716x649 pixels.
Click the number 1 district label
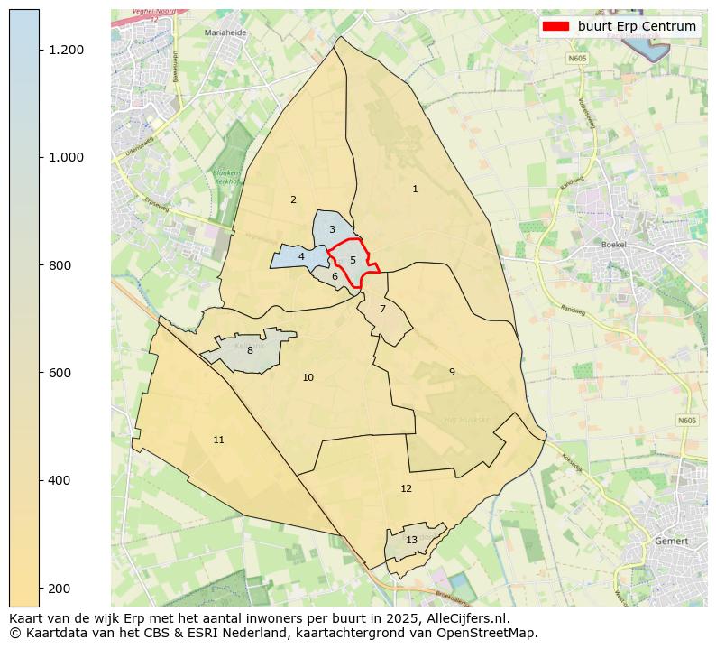pos(415,189)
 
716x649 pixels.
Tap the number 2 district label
pos(293,199)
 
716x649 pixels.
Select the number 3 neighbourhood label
pos(332,229)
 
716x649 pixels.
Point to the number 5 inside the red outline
pos(353,260)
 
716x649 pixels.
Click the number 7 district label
pos(382,309)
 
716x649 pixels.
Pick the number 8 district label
pos(250,350)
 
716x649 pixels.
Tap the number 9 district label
pos(452,372)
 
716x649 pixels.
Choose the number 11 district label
pos(218,440)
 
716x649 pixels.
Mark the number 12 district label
pos(406,488)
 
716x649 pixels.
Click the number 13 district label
pos(411,540)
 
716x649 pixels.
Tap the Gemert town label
pos(673,541)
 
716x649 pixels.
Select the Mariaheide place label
pos(226,32)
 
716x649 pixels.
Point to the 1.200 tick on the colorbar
pos(66,50)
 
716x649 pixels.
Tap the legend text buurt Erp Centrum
pos(637,26)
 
